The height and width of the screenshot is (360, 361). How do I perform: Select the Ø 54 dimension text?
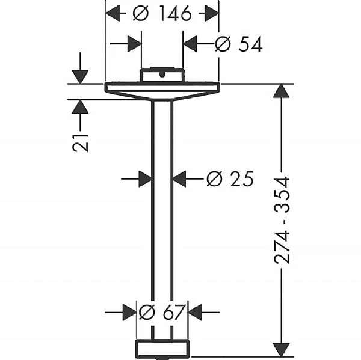pos(238,44)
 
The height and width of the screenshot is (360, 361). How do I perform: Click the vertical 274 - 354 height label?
pos(282,220)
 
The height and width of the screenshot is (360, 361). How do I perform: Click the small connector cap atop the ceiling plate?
pos(161,75)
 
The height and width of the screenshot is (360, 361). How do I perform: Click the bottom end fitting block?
pos(162,348)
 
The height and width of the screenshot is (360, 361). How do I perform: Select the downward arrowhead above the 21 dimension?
pos(80,76)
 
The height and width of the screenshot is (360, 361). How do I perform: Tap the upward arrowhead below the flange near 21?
pos(80,107)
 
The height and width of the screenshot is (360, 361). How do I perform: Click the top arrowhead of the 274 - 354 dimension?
pos(281,91)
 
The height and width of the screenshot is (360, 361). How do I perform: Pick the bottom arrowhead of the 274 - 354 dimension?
pos(281,349)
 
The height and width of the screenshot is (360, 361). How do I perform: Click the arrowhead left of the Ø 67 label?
pos(129,312)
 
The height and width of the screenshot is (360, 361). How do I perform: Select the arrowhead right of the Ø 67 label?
pos(196,312)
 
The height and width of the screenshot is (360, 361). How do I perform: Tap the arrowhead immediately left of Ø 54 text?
pos(191,44)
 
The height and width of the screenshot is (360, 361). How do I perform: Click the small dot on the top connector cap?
pos(161,75)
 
